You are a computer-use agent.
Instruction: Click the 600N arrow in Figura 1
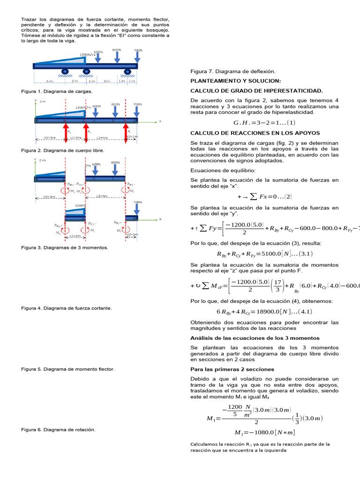(x=98, y=58)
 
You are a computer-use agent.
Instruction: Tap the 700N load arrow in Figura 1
(x=137, y=56)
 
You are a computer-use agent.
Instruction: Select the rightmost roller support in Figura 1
(x=127, y=72)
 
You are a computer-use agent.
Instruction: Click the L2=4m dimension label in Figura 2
(x=103, y=138)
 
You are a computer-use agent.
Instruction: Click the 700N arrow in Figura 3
(x=137, y=209)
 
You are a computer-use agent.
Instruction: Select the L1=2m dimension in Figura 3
(x=75, y=236)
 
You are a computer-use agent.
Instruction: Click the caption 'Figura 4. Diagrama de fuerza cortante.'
(x=67, y=308)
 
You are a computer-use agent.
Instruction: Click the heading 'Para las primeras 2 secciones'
(x=232, y=369)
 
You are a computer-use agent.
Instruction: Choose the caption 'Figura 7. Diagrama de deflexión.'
(x=233, y=71)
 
